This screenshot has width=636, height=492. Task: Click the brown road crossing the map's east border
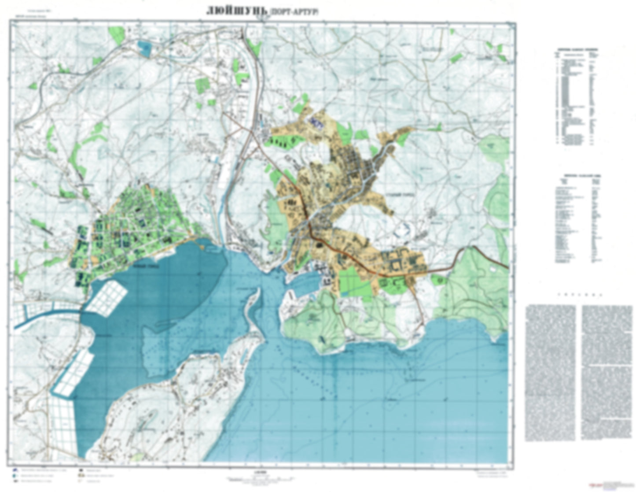[x=502, y=263]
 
